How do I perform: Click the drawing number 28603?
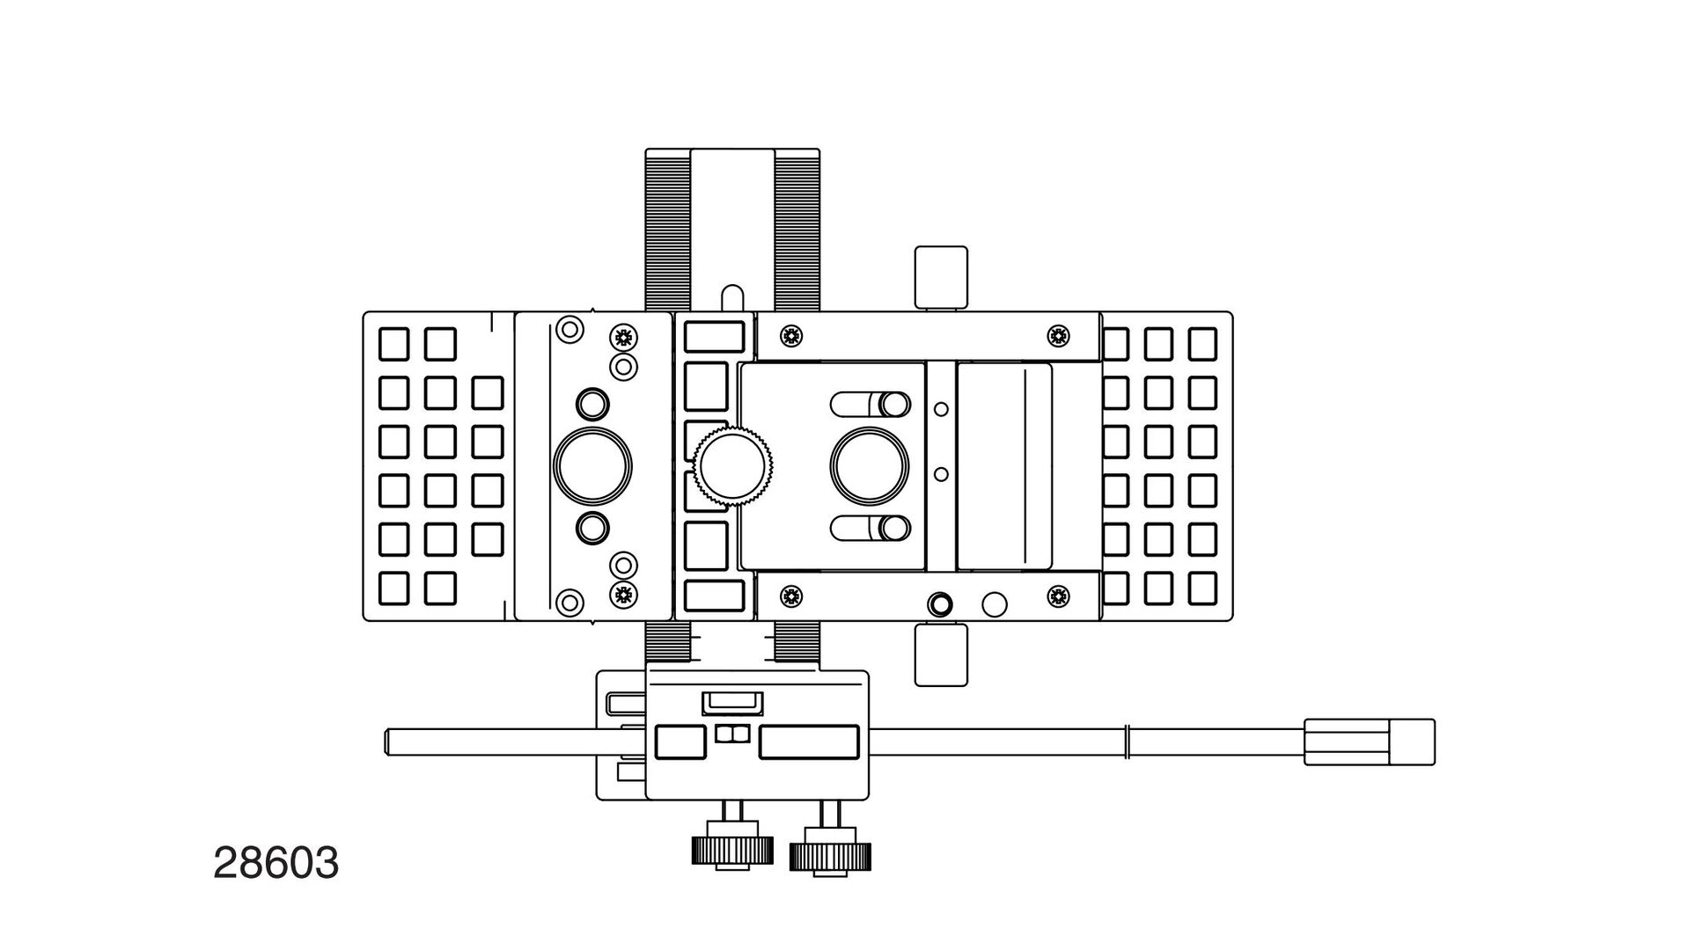(276, 864)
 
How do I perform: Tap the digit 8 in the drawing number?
(251, 864)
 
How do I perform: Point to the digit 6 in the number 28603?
(276, 864)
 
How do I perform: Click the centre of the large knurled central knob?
(734, 465)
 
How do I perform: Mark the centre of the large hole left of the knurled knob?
(591, 466)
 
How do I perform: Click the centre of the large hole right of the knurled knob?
(870, 466)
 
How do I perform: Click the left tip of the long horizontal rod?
(386, 742)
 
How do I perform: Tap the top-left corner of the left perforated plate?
(364, 311)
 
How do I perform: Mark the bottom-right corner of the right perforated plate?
(1232, 621)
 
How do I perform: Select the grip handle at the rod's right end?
(1370, 742)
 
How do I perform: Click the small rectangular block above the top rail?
(941, 276)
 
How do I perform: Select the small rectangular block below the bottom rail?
(941, 654)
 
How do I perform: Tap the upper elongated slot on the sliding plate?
(871, 404)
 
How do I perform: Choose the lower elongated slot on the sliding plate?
(871, 528)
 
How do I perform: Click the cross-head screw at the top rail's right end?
(1058, 335)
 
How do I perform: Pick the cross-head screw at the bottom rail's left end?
(791, 596)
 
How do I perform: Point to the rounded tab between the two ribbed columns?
(732, 297)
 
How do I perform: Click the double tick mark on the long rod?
(1128, 742)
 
